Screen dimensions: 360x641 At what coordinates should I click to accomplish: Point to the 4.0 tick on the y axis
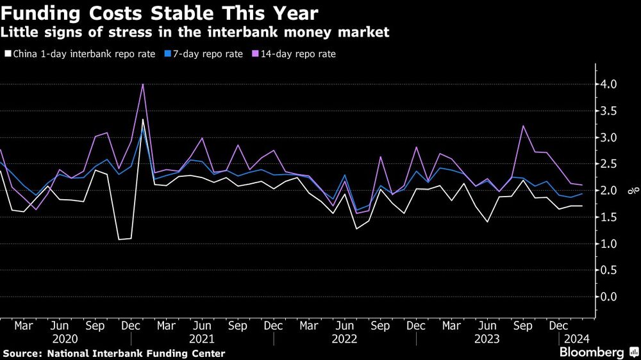[x=608, y=85]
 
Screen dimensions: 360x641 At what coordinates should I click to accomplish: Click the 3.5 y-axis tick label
[x=608, y=111]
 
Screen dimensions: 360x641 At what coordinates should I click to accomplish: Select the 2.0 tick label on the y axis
[x=608, y=191]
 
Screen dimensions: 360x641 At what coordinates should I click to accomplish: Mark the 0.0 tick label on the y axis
[x=608, y=297]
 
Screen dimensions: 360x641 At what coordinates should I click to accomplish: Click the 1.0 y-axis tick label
[x=608, y=244]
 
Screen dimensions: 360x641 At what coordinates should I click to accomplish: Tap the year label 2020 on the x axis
[x=65, y=338]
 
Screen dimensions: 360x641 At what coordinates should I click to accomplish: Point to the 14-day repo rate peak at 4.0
[x=142, y=85]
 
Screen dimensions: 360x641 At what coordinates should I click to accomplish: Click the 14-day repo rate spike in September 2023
[x=524, y=126]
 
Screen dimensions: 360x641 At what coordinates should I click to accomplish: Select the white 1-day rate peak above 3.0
[x=142, y=120]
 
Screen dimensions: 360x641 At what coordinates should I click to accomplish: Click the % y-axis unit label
[x=629, y=190]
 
